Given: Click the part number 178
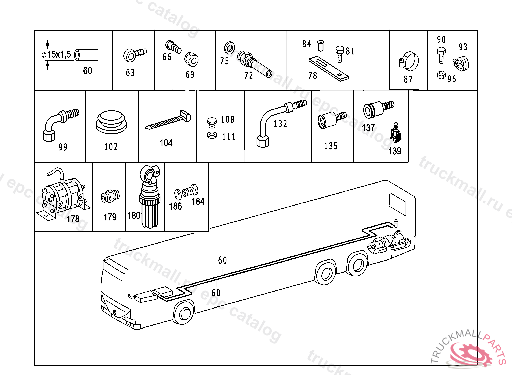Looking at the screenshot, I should pos(73,219).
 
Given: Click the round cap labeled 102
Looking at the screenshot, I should pos(111,122).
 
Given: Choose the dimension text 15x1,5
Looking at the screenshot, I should pos(58,54).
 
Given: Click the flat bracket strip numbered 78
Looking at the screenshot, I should pos(328,68).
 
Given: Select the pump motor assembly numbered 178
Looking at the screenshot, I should pos(63,195).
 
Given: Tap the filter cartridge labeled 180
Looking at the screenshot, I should pos(149,200).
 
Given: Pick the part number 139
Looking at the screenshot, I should pos(395,151).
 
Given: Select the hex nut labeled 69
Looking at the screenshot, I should pos(190,59).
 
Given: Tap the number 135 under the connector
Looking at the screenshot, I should pos(331,146).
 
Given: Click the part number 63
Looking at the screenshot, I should pos(130,73).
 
